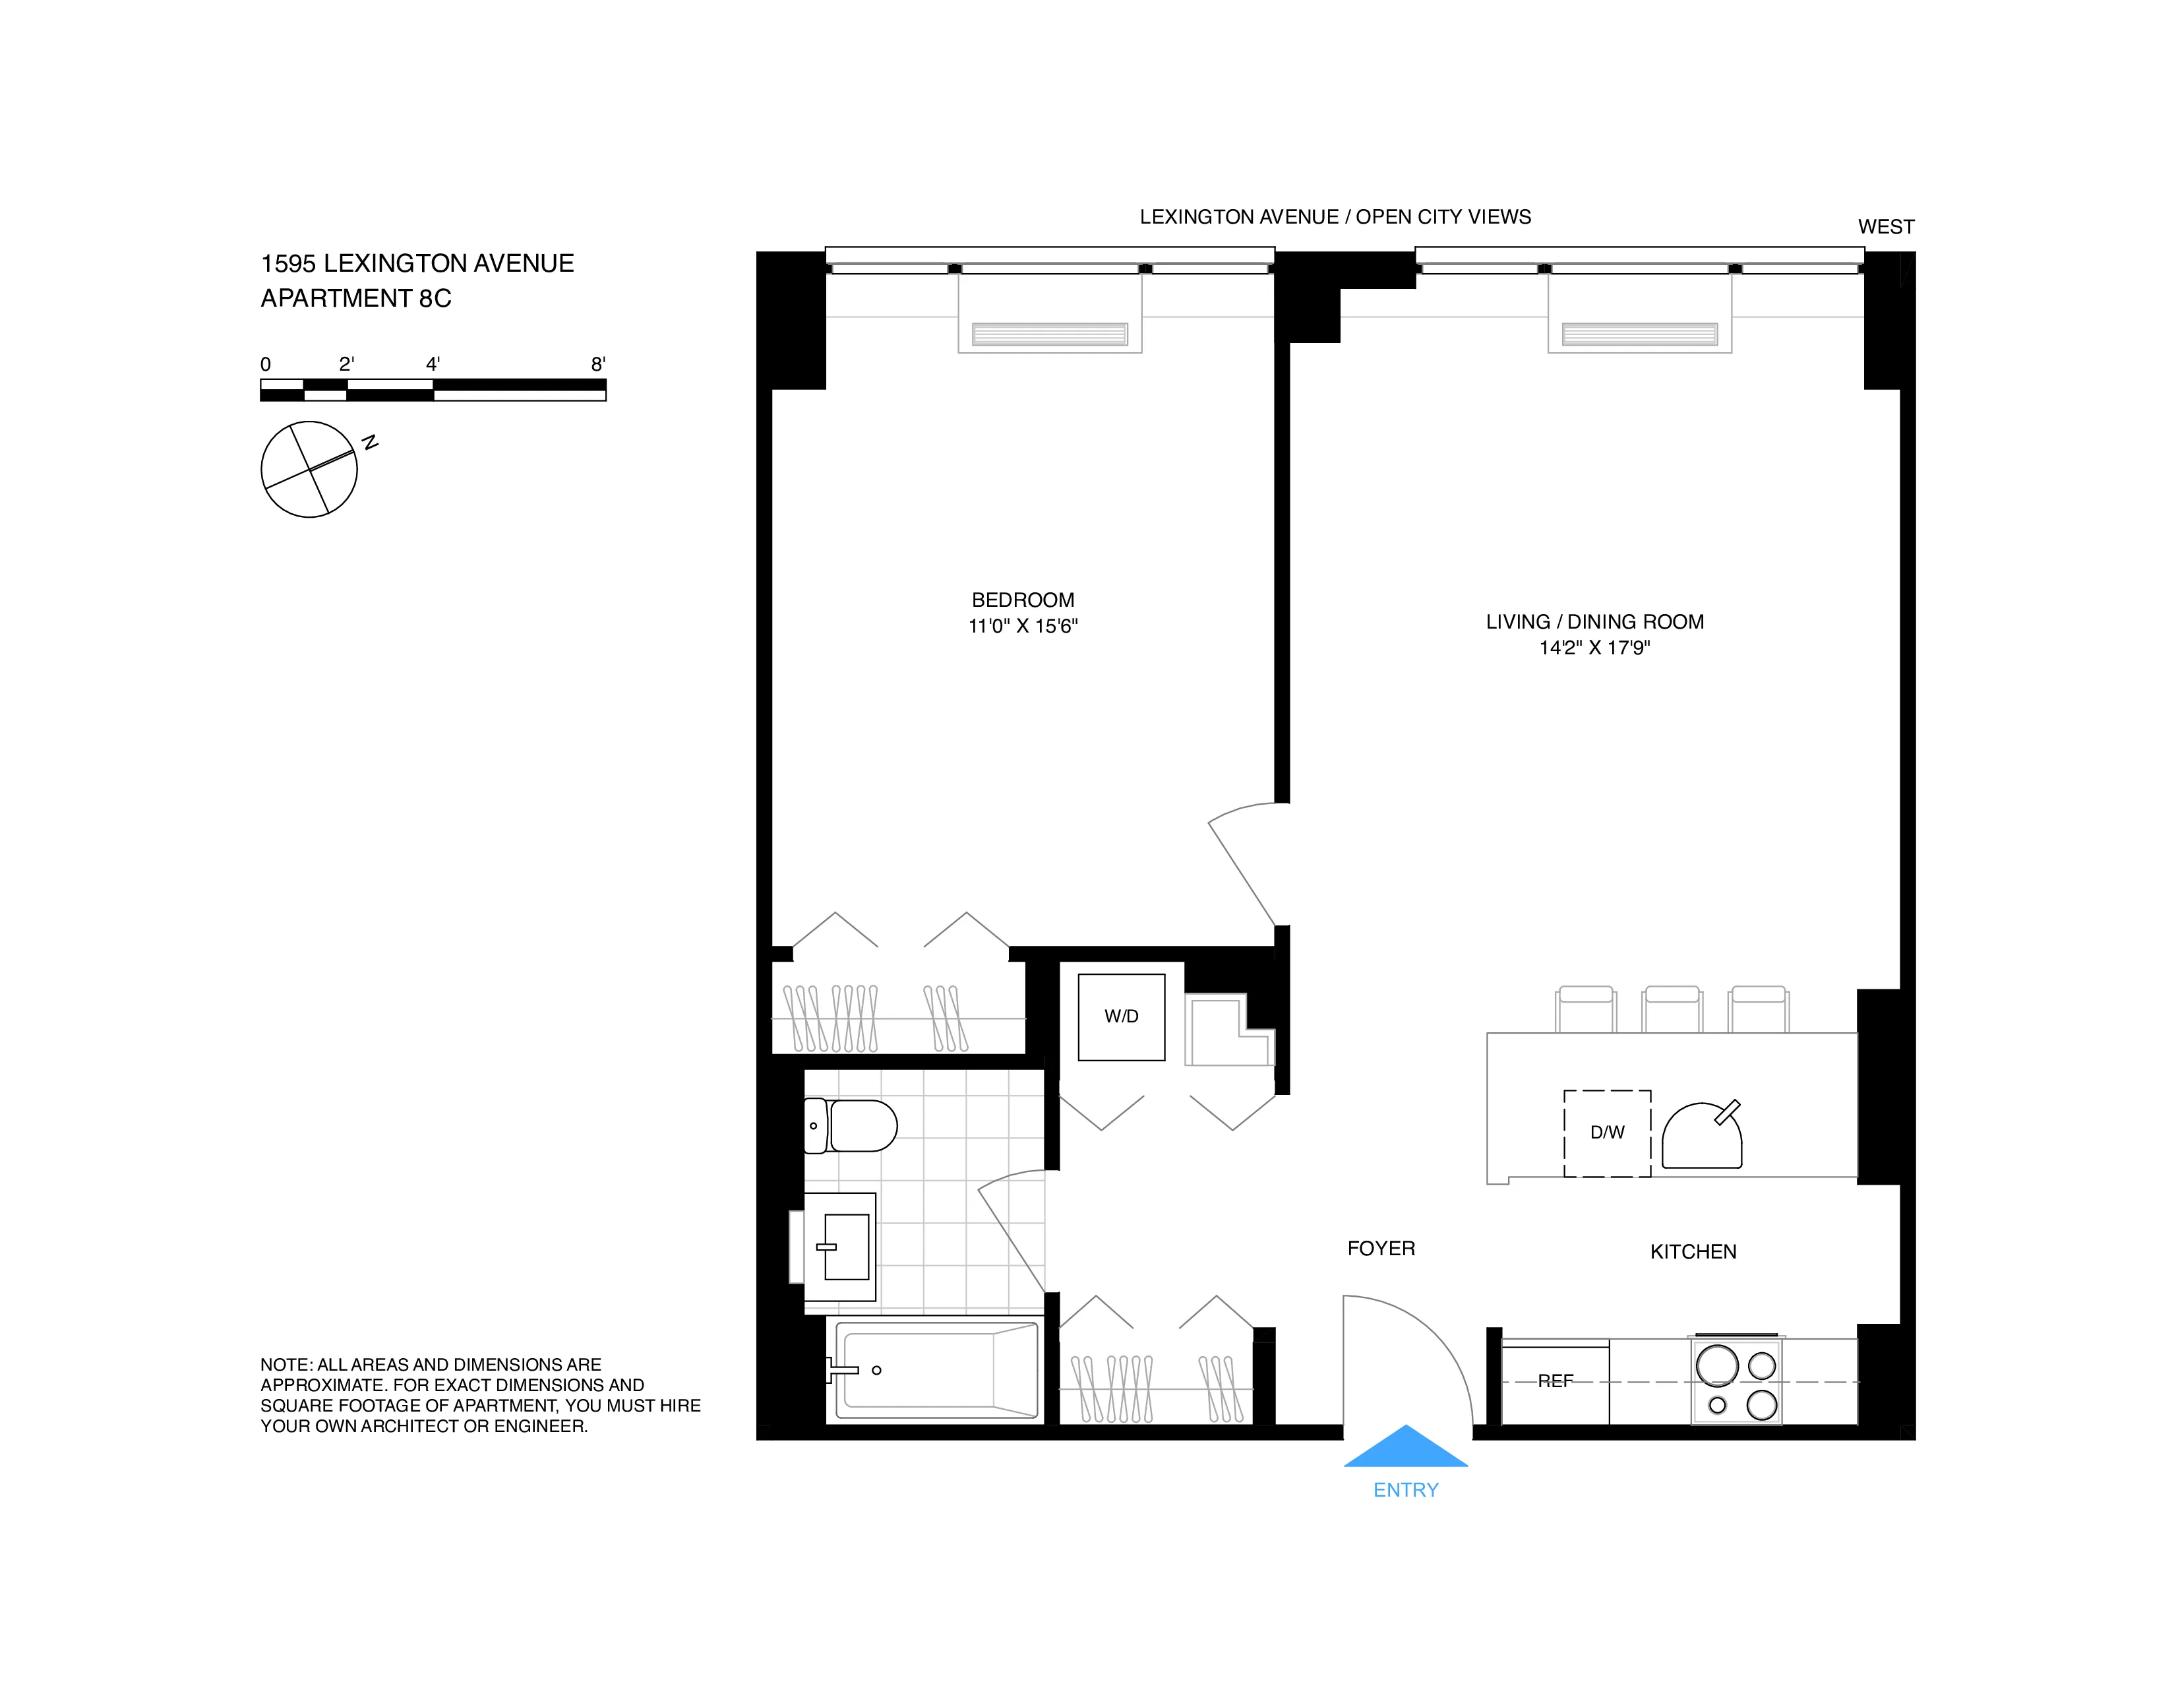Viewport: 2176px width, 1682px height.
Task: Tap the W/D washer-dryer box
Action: click(1121, 1016)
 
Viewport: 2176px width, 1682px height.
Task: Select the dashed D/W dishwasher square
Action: click(1606, 1133)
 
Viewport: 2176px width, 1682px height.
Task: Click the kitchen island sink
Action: click(1702, 1137)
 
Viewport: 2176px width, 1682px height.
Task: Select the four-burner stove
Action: click(1737, 1381)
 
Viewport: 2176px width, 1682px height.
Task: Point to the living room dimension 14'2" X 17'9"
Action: click(1594, 648)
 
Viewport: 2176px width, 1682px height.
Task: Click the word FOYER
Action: click(1380, 1249)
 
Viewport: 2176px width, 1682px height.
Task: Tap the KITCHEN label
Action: click(1692, 1251)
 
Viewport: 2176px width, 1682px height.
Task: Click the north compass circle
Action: click(309, 470)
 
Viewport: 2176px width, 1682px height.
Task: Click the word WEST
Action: click(1885, 227)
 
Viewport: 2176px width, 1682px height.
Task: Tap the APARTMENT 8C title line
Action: click(355, 298)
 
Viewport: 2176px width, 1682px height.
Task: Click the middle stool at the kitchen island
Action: click(1672, 1009)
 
